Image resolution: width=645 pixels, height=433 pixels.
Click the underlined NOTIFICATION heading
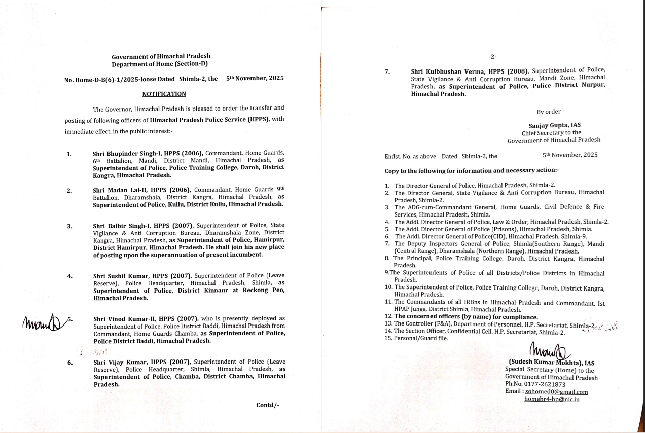click(164, 94)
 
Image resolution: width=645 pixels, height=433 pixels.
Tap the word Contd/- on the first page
click(268, 405)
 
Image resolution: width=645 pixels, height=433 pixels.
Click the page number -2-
click(492, 56)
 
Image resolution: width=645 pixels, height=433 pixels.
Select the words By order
click(549, 112)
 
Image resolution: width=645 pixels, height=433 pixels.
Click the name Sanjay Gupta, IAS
click(554, 125)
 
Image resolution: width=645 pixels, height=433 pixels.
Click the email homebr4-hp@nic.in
click(552, 399)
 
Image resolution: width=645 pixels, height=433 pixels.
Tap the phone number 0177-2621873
click(545, 384)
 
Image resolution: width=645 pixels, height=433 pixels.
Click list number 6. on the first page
click(70, 363)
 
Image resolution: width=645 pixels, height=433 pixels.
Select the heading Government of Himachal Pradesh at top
click(161, 56)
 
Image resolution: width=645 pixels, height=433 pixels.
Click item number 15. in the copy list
click(389, 338)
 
